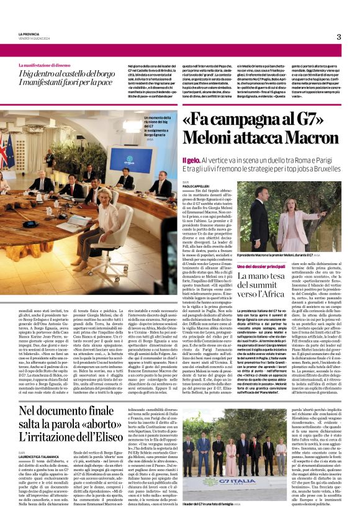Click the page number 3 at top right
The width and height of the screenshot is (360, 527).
(x=339, y=37)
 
